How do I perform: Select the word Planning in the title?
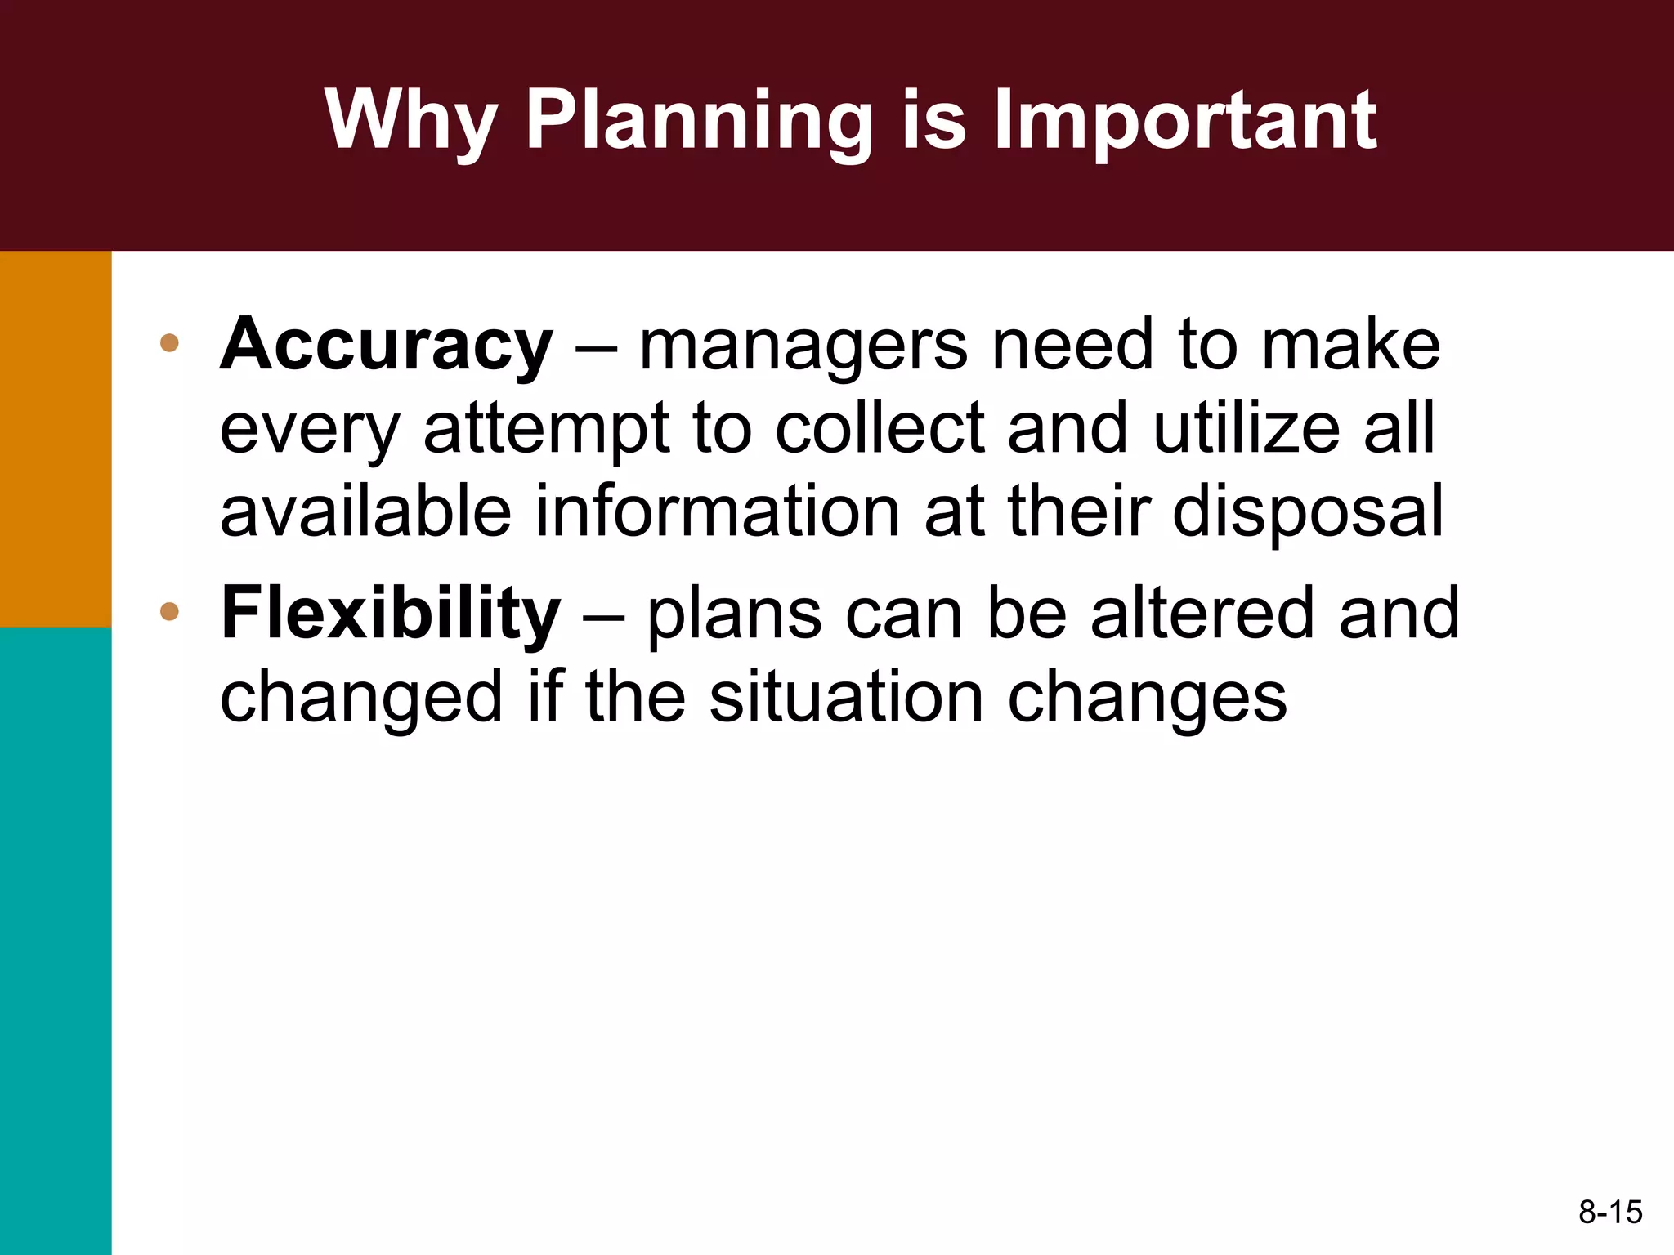(x=699, y=121)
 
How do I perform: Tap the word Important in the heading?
(x=1185, y=121)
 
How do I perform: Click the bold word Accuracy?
(x=387, y=346)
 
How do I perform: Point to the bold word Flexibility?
(x=391, y=613)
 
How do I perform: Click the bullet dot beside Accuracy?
(x=169, y=343)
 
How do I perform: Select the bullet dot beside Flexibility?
(x=169, y=611)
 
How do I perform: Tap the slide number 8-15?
(x=1610, y=1212)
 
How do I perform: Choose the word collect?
(x=880, y=428)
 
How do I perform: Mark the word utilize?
(x=1247, y=428)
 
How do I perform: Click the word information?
(x=717, y=511)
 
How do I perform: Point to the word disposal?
(x=1308, y=513)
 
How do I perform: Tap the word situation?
(x=847, y=698)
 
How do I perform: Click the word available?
(x=365, y=511)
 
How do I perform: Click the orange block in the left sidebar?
(x=56, y=439)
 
